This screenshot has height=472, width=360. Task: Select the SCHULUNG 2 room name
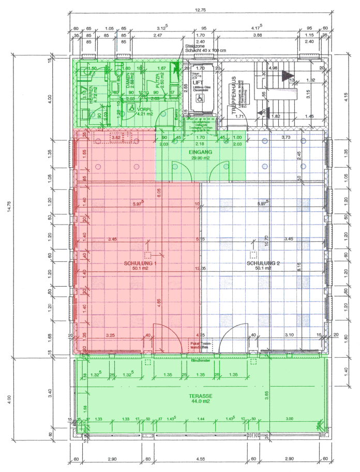[x=263, y=263]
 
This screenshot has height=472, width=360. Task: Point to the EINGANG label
[x=200, y=152]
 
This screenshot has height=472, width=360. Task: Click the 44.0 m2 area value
[x=201, y=401]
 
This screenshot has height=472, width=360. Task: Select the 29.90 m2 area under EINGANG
[x=200, y=158]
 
